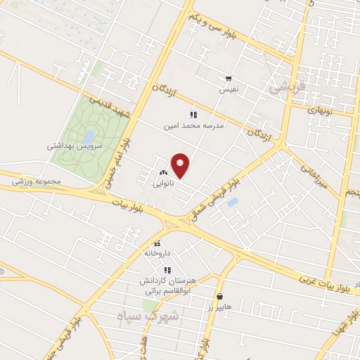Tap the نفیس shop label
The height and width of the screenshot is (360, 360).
[231, 90]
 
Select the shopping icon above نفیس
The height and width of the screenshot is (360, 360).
[229, 79]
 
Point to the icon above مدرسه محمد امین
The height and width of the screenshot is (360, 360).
[193, 115]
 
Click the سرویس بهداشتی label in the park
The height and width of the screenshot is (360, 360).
[75, 146]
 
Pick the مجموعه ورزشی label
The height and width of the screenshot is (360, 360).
[37, 181]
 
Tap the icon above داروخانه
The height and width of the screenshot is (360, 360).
[157, 243]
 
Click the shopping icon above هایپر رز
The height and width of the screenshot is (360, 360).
[221, 297]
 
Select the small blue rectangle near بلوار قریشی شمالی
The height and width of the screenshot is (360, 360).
[233, 202]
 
